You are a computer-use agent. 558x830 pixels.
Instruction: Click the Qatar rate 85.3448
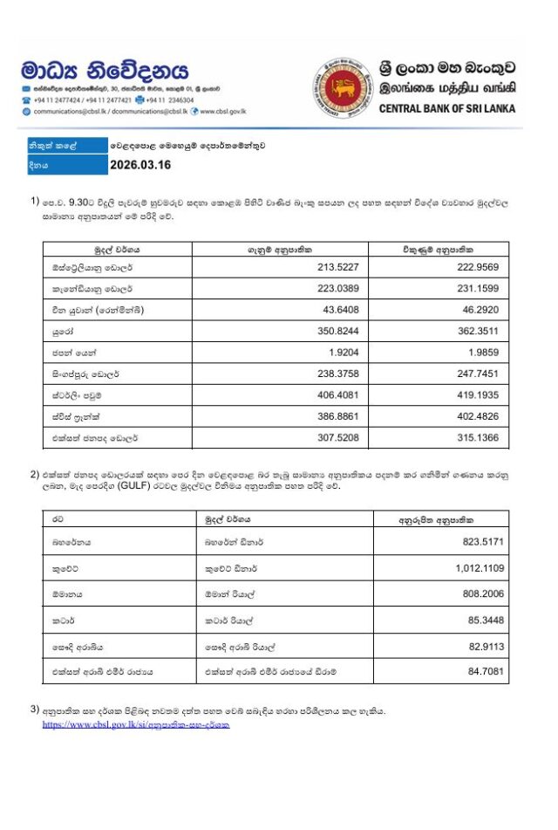(x=487, y=620)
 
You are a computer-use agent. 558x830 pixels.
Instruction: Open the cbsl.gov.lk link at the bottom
(x=136, y=724)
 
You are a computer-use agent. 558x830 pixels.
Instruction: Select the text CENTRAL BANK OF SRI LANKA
(x=446, y=108)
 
